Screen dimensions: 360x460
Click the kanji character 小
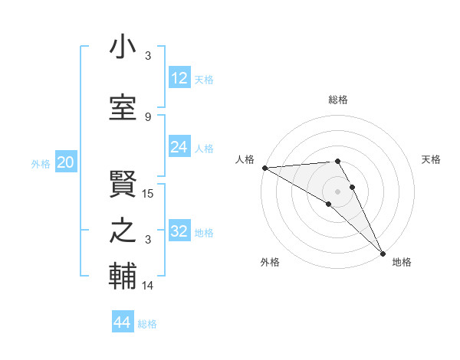tap(123, 49)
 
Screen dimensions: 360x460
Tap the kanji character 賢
tap(123, 178)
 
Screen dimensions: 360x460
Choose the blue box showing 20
tap(66, 162)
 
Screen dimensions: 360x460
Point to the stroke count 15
tap(148, 194)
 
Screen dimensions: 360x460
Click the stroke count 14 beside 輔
tap(148, 286)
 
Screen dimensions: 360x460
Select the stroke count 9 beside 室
tap(148, 116)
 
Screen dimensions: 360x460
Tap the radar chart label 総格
tap(337, 100)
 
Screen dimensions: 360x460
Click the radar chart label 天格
tap(431, 159)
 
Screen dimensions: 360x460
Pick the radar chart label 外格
tap(269, 263)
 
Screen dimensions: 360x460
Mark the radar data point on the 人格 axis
tap(264, 168)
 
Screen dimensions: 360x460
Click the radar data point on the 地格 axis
tap(383, 252)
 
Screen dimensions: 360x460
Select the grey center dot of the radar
tap(337, 191)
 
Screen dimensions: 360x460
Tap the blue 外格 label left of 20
tap(40, 163)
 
